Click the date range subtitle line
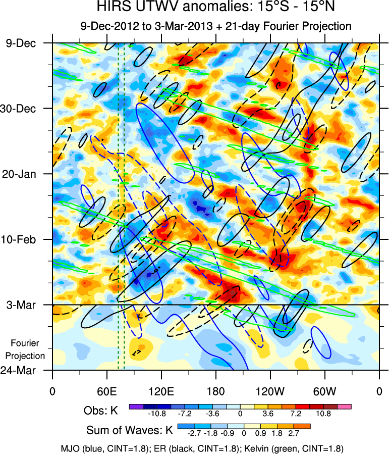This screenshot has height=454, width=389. tap(215, 26)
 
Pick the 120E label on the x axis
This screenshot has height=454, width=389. tap(161, 391)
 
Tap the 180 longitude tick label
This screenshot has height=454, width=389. tap(215, 391)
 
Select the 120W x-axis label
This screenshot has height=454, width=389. tap(270, 391)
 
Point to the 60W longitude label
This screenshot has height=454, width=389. tap(324, 391)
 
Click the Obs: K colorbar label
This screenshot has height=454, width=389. tap(100, 411)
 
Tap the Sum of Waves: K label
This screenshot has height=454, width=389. tap(130, 430)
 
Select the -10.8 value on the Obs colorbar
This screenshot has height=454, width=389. tap(157, 414)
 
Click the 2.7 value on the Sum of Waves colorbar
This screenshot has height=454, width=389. tap(294, 433)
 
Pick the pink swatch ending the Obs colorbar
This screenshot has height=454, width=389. tap(344, 406)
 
